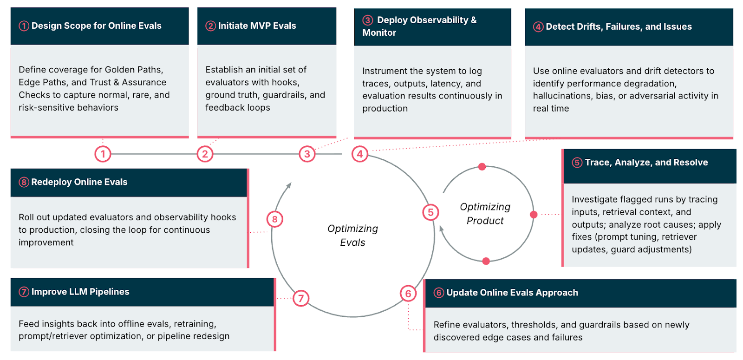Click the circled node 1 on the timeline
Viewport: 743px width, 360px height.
tap(103, 154)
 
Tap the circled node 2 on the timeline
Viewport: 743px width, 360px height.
tap(205, 154)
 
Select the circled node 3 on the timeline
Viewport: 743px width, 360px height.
tap(307, 154)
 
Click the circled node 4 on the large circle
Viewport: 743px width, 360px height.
tap(360, 154)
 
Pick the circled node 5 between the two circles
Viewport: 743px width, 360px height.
tap(430, 212)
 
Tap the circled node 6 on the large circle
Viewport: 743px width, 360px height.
tap(408, 294)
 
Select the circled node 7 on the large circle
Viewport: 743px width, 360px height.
tap(301, 298)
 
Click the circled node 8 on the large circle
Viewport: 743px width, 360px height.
tap(275, 219)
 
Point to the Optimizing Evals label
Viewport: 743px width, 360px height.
tap(352, 235)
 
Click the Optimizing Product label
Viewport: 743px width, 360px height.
tap(485, 214)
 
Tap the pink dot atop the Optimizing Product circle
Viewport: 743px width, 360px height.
tap(482, 167)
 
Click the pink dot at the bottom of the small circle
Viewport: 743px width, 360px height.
tap(486, 261)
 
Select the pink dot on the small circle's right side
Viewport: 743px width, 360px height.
tap(534, 215)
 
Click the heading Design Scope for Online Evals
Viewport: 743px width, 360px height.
tap(96, 26)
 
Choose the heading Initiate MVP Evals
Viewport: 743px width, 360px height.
tap(257, 26)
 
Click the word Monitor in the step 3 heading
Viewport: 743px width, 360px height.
tap(379, 33)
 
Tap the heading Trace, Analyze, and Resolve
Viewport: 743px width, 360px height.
tap(646, 163)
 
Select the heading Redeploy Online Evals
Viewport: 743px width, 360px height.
tap(79, 182)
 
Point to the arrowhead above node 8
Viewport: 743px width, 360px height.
tap(289, 185)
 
